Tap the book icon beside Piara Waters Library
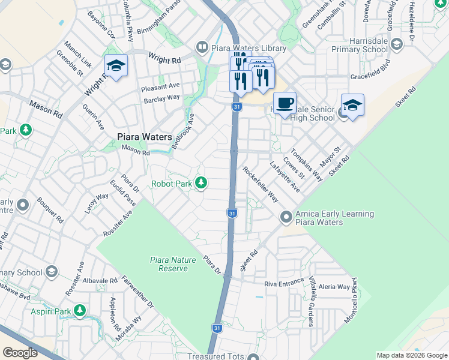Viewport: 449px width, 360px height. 202,47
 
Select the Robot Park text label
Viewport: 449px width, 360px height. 171,184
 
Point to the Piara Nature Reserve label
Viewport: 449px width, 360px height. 169,264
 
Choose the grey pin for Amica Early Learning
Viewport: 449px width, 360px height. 286,216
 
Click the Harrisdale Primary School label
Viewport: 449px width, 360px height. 359,49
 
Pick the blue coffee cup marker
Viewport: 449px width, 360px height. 285,103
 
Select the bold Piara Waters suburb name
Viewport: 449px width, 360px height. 144,137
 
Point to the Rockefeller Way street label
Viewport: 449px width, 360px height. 261,184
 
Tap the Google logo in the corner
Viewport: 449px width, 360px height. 20,353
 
